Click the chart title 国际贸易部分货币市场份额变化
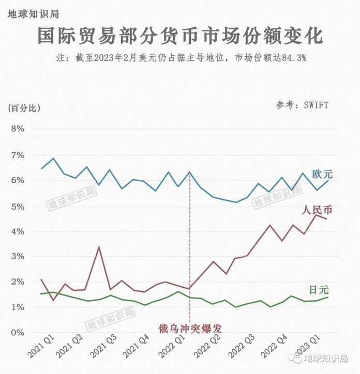point(180,37)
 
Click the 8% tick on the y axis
point(18,129)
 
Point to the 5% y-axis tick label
point(18,206)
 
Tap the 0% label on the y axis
point(18,332)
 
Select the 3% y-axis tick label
point(18,257)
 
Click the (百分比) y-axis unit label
point(24,108)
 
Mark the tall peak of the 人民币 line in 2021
point(99,247)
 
